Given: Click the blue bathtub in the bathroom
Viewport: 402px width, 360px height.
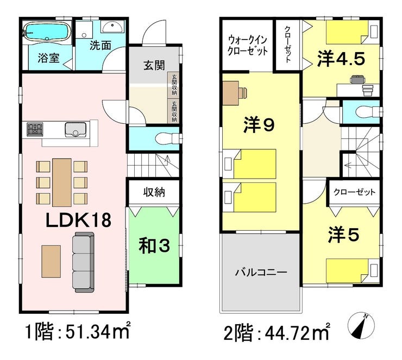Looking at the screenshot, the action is [47, 31].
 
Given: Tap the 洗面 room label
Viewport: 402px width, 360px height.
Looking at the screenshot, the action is [100, 46].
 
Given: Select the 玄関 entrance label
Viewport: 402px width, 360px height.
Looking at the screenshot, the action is [154, 65].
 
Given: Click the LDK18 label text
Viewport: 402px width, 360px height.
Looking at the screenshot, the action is [78, 220].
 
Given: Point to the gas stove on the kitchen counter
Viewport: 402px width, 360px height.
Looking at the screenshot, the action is [35, 129].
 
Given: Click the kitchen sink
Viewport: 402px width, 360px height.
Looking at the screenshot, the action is [76, 130].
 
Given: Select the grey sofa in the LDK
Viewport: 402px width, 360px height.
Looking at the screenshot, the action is [83, 262].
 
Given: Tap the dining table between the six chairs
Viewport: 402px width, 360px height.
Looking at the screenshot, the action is [62, 182].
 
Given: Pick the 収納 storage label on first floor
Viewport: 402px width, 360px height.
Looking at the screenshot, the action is [154, 192].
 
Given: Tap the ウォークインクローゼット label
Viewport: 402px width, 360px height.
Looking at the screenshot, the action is [247, 46].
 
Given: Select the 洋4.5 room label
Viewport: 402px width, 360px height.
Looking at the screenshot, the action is [341, 59].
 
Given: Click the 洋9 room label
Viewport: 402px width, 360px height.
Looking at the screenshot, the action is [259, 125].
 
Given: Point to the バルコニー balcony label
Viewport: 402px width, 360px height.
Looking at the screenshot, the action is [261, 272].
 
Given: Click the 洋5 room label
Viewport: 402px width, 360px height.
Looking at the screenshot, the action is [343, 235].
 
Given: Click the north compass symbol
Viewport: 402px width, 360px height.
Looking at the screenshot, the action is [361, 325].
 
